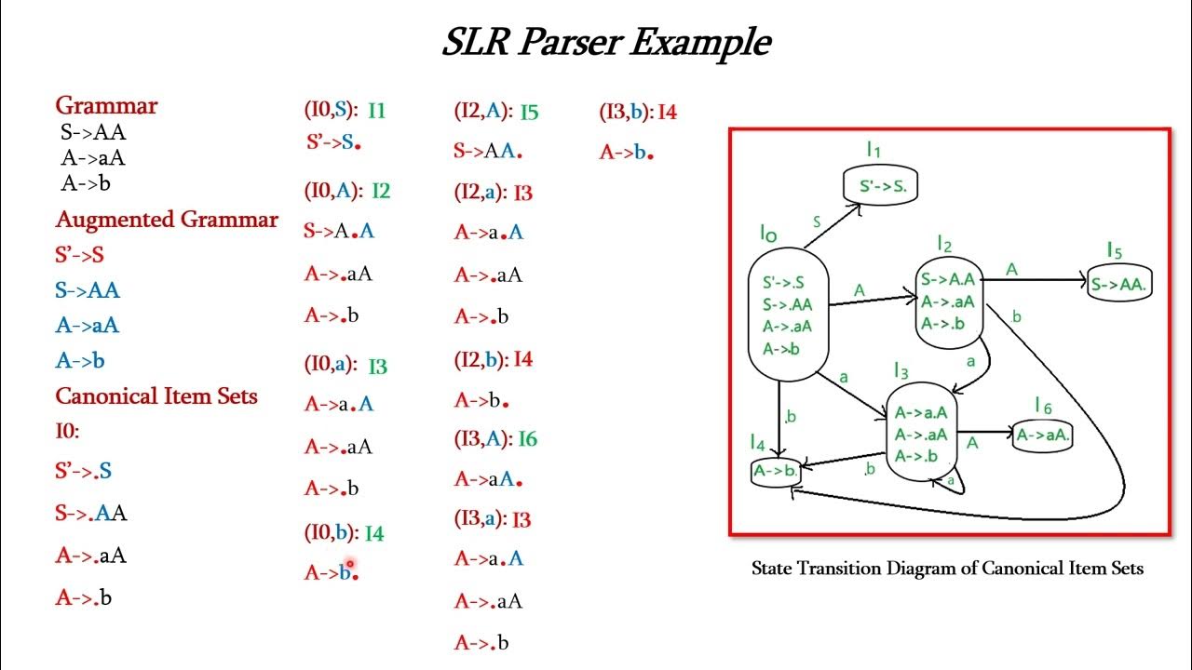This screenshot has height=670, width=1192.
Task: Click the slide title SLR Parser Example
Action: (606, 43)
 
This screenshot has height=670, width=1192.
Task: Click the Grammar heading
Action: (106, 105)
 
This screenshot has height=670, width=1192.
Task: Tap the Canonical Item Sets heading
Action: (156, 396)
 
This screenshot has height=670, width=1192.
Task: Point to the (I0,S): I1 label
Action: (345, 110)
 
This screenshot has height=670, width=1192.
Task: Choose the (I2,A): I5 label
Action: (496, 112)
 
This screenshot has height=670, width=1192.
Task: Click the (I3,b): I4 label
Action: (638, 112)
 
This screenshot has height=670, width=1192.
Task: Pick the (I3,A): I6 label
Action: (496, 438)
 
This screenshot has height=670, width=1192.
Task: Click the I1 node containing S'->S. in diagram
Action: (881, 184)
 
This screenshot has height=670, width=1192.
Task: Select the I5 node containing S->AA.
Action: (1119, 283)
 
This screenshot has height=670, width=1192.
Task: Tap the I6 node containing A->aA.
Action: (1042, 436)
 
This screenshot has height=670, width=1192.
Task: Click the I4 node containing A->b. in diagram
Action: (776, 471)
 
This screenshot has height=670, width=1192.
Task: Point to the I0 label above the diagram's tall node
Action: (768, 234)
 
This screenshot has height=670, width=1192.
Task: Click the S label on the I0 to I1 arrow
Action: (817, 221)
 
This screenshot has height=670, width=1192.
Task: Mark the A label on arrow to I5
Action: (1011, 270)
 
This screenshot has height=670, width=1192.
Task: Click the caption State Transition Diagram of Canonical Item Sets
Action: (947, 569)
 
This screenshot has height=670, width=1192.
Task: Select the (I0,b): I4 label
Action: (345, 532)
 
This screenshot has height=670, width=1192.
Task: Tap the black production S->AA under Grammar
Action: (93, 132)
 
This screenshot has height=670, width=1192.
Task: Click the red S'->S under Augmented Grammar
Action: (80, 255)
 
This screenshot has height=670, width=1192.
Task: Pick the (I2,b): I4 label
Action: (494, 359)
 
